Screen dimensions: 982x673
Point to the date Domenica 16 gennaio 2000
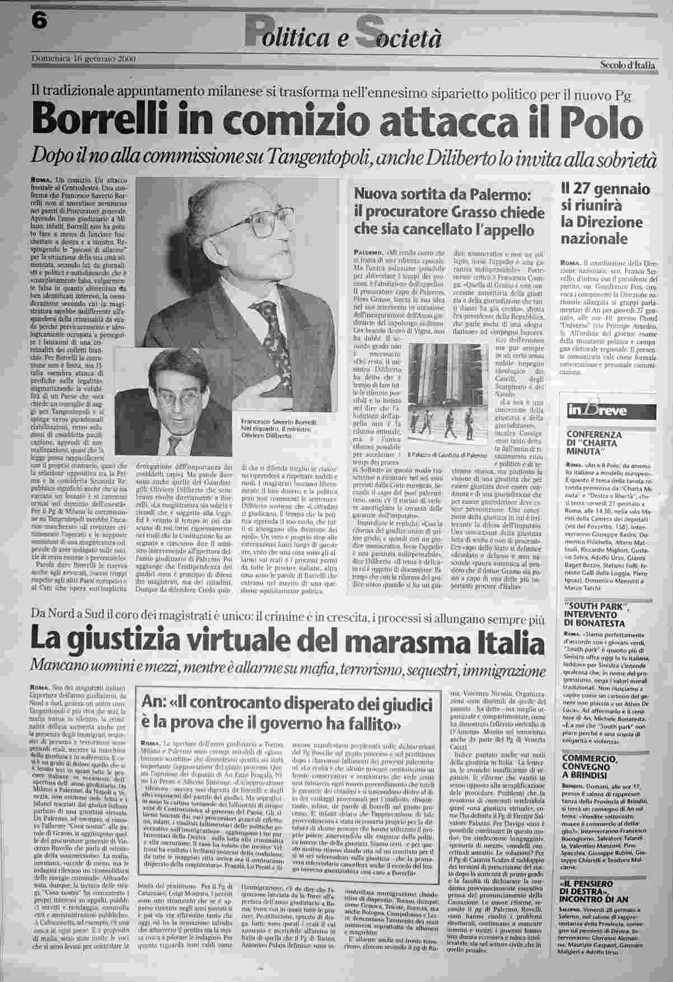83,58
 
